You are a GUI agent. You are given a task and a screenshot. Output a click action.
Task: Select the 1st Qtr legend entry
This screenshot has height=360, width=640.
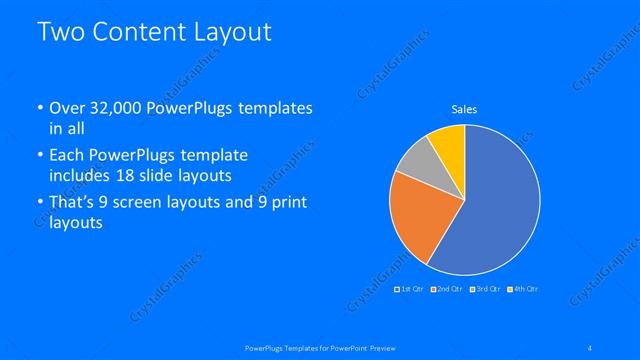411,289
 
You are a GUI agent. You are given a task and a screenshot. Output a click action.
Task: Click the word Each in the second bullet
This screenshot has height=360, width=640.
67,155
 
